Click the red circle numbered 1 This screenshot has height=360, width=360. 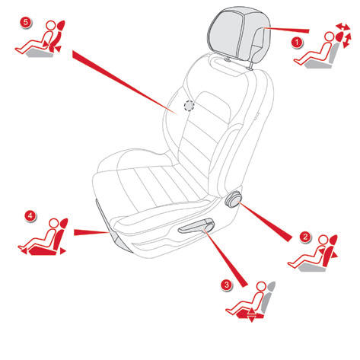tap(297, 43)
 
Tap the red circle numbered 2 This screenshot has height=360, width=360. tap(305, 237)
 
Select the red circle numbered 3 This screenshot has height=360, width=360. tap(226, 285)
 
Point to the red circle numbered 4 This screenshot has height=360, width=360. tap(30, 216)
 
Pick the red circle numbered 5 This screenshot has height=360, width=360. tap(26, 22)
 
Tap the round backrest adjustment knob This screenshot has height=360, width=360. tap(233, 198)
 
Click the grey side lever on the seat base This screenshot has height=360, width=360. tap(196, 226)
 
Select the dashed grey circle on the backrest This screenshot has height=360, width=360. tap(189, 106)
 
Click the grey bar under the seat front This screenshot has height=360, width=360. tap(112, 226)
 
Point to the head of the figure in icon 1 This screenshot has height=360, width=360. tap(329, 37)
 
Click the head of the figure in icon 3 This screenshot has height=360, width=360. tap(261, 286)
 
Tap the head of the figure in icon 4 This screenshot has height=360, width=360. tap(54, 224)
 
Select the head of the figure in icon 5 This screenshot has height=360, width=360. tap(51, 26)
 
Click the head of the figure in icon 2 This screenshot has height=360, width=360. tap(323, 240)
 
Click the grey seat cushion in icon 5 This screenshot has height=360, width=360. tap(40, 53)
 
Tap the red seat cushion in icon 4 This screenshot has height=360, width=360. tap(42, 251)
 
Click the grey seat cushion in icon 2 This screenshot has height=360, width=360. tap(311, 267)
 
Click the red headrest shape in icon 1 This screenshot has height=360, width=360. tap(339, 37)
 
